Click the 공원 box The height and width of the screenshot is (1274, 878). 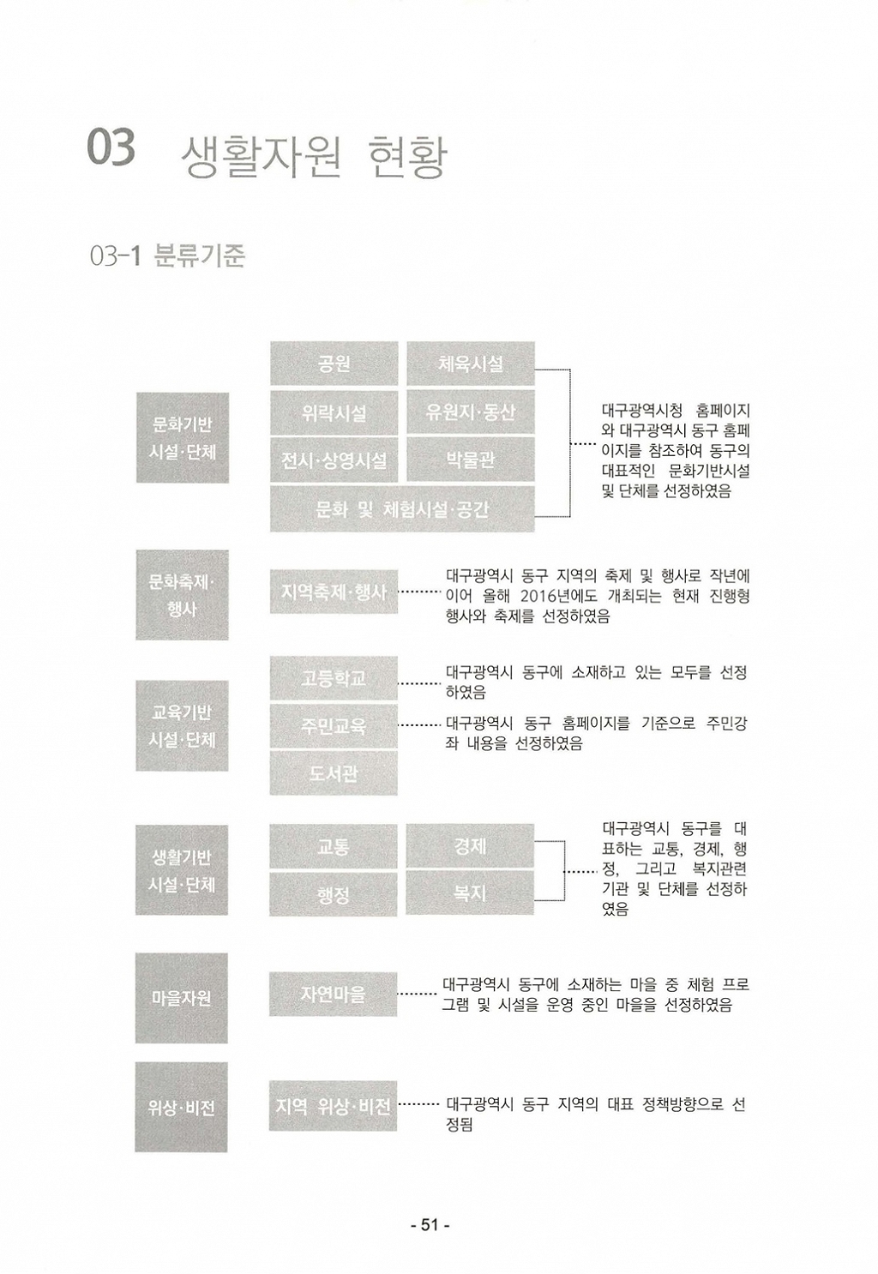tap(334, 364)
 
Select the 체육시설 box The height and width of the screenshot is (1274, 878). tap(470, 364)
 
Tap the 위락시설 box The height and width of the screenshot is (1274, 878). tap(334, 412)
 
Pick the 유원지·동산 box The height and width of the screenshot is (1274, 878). tap(470, 412)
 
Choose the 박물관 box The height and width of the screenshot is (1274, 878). tap(470, 460)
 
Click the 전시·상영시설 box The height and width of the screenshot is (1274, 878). tap(334, 460)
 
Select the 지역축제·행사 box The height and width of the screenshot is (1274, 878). tap(334, 592)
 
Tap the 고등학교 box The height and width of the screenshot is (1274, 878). tap(334, 678)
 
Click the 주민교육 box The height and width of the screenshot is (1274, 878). tap(334, 725)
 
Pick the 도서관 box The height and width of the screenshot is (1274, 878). tap(334, 773)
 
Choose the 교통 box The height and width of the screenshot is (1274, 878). tap(334, 846)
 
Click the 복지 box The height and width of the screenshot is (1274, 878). tap(470, 892)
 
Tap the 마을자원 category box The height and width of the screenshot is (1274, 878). tap(182, 998)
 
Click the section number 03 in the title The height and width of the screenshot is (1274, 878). tap(111, 147)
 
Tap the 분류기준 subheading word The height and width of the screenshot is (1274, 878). tap(200, 256)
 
